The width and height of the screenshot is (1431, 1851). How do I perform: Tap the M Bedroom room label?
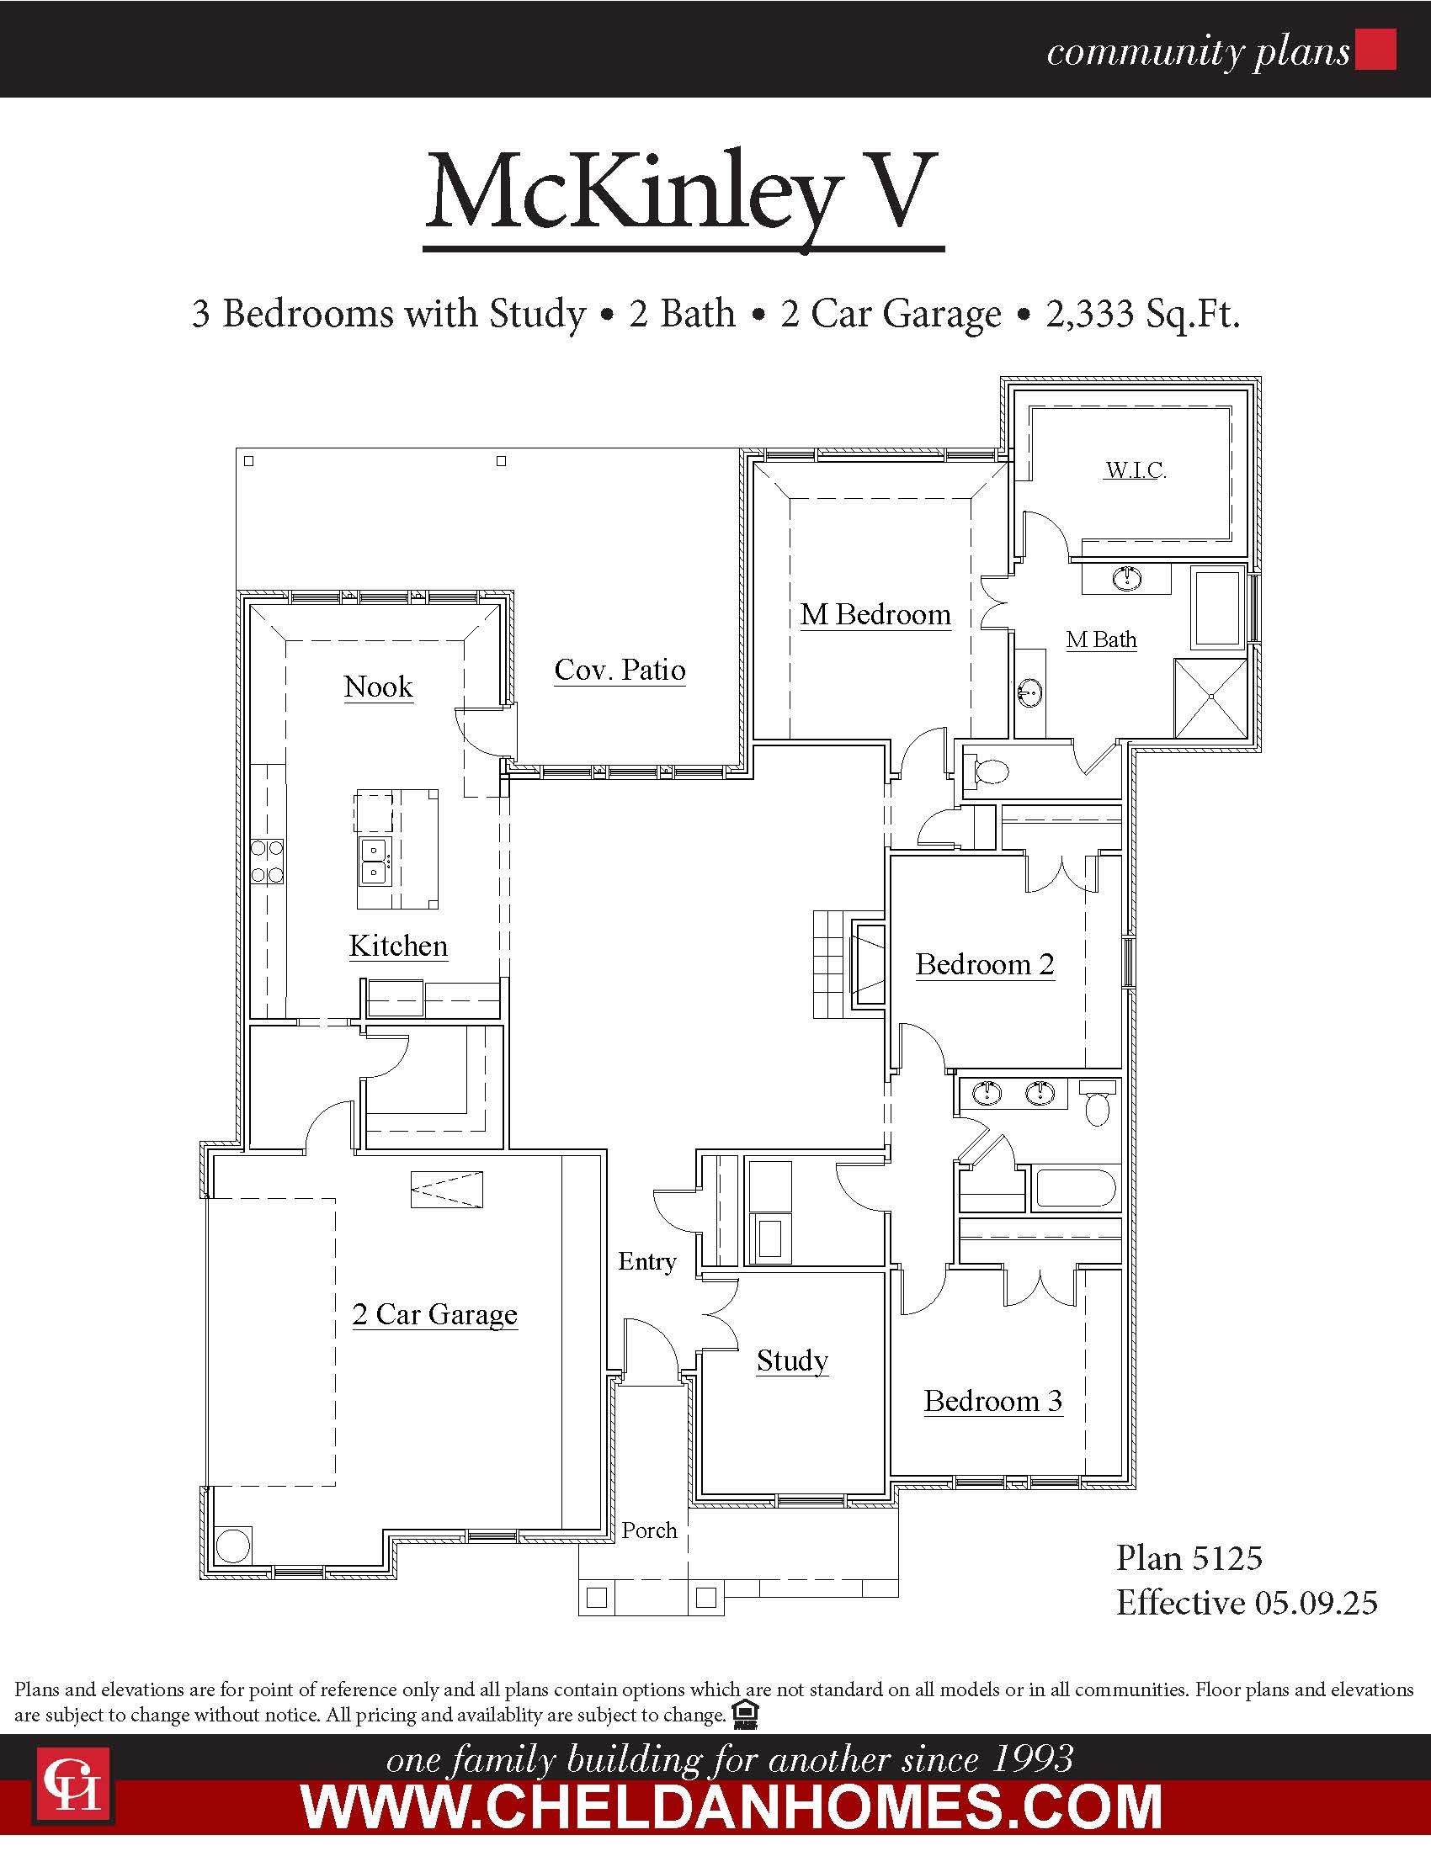pos(875,614)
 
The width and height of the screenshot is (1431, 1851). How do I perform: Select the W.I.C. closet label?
pos(1136,469)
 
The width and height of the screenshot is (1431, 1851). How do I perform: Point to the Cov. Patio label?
pos(620,670)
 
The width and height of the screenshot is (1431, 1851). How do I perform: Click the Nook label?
pos(378,687)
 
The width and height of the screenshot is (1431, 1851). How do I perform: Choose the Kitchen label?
pos(398,946)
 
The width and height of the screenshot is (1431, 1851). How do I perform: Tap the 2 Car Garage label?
pos(435,1314)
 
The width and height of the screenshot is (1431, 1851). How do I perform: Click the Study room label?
pos(793,1361)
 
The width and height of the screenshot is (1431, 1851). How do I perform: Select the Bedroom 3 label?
pos(992,1401)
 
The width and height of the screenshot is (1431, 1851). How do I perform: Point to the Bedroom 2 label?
pos(985,964)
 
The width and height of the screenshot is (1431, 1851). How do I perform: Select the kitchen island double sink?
pos(374,860)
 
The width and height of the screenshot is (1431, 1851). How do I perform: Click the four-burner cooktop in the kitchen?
pos(267,861)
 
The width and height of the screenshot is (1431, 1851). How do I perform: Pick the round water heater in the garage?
pos(233,1545)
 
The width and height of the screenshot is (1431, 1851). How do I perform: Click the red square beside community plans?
pos(1375,49)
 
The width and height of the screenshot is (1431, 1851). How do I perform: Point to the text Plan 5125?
pos(1189,1557)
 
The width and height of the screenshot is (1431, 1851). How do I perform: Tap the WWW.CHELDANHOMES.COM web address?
pos(731,1807)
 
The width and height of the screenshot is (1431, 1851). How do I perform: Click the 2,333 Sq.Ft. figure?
pos(1143,314)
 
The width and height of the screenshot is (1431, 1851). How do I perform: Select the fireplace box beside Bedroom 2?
pos(868,964)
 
